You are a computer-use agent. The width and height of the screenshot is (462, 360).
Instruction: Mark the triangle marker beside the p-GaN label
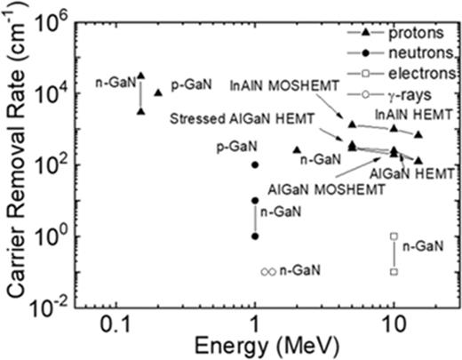158,92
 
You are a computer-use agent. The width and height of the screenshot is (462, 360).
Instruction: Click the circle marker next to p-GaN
255,164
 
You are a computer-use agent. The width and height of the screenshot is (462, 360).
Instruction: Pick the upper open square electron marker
394,236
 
